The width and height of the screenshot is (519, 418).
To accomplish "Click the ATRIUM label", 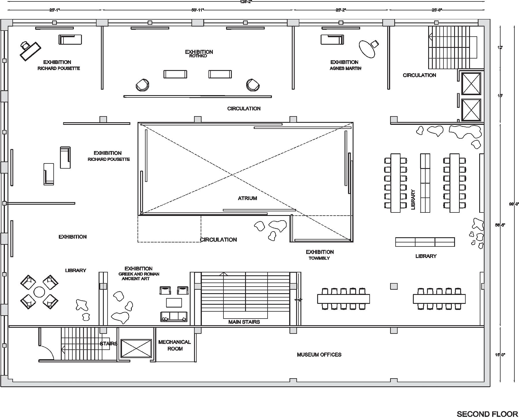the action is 247,198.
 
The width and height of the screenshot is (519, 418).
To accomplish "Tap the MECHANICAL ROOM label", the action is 174,345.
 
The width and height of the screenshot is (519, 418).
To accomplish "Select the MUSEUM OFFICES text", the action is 319,355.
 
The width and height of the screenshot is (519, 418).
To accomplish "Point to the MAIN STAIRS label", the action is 244,322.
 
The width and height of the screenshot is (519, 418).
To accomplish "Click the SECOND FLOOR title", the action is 487,414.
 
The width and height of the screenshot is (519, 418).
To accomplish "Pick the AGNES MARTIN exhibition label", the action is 345,68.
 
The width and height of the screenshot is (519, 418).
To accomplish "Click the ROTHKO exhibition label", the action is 198,56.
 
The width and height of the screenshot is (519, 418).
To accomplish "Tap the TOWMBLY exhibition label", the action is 319,258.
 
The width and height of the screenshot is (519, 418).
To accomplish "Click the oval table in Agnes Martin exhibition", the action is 367,49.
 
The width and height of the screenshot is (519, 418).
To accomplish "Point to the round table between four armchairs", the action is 39,292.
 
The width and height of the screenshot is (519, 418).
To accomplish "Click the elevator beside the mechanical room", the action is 136,348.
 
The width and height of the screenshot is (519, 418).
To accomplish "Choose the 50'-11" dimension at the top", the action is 198,10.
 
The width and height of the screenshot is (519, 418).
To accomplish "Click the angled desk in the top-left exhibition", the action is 30,51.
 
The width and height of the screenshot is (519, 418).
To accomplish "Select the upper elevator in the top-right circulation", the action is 471,84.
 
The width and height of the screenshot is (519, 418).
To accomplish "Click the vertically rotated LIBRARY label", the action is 413,199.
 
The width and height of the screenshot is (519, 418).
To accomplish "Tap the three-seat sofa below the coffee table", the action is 174,317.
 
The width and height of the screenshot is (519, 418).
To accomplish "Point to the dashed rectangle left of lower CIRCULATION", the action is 169,229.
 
